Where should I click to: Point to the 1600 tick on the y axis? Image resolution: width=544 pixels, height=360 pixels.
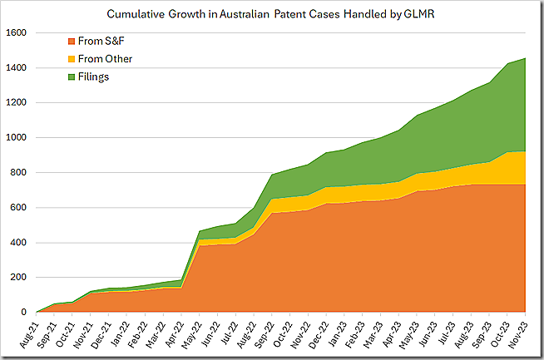click(17, 33)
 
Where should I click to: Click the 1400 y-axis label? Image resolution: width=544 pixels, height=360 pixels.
click(17, 68)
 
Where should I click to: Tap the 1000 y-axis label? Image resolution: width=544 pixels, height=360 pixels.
click(17, 138)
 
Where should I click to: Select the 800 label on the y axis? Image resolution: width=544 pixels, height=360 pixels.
click(19, 173)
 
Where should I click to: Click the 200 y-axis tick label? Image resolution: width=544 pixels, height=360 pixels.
click(19, 278)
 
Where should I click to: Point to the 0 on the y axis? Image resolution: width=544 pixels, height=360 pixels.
click(25, 313)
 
